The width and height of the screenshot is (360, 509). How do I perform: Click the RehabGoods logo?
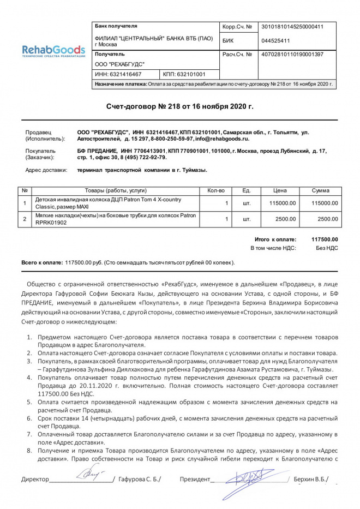(53, 51)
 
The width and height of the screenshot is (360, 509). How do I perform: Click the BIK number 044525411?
(275, 40)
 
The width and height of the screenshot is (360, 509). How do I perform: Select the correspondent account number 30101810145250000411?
(292, 27)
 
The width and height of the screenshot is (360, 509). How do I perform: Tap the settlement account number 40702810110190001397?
(292, 55)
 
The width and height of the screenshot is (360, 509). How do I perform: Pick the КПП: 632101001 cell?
(184, 74)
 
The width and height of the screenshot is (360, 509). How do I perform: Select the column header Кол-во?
(216, 190)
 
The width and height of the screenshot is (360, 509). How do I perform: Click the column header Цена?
(280, 190)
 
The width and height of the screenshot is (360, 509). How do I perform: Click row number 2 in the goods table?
(25, 219)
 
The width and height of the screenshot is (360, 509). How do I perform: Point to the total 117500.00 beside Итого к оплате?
(325, 239)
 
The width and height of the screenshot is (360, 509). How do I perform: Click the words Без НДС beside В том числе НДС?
(328, 248)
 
